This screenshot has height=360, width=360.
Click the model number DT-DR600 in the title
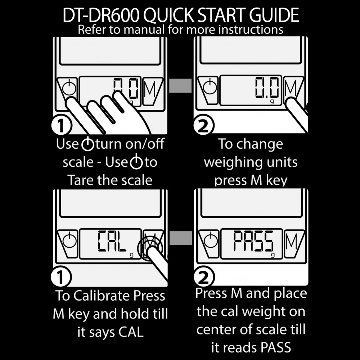(101, 15)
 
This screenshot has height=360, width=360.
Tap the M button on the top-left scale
(152, 89)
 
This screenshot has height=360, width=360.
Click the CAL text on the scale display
(112, 241)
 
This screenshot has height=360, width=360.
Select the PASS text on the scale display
(253, 241)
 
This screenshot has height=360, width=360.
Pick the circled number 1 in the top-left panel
(61, 125)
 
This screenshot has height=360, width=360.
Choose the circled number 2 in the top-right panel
(204, 125)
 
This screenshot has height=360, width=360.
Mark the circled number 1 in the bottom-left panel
(61, 277)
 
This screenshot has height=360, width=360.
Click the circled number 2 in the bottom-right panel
(204, 277)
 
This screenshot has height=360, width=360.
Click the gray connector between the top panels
(180, 86)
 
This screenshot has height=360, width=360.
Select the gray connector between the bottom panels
(180, 238)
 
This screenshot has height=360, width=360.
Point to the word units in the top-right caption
(282, 162)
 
